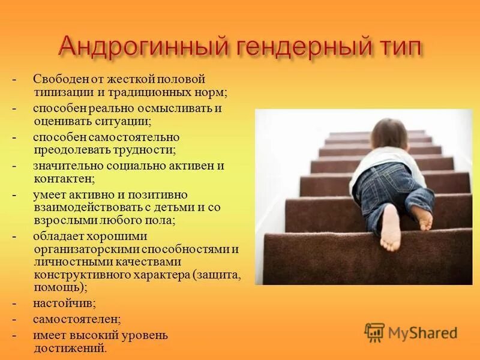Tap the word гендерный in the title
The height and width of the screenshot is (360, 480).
[296, 47]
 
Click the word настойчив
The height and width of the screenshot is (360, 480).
[64, 304]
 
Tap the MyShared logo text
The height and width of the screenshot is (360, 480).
[422, 332]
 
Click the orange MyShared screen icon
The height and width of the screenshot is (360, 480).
[374, 332]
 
